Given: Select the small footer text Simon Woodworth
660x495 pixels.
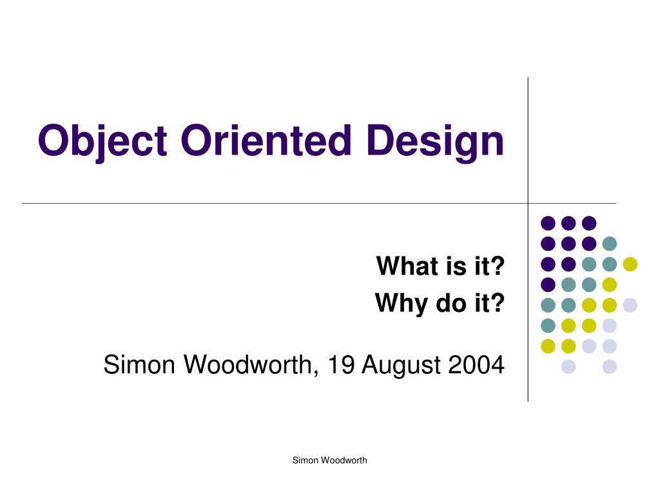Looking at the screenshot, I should click(329, 460).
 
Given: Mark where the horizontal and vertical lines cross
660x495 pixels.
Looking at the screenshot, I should click(528, 203).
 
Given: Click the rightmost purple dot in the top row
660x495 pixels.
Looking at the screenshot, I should click(588, 223).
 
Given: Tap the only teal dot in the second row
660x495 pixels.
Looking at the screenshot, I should click(609, 244).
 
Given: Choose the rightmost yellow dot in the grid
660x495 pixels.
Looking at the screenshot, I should click(630, 264).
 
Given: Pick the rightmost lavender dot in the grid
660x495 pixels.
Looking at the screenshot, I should click(630, 305).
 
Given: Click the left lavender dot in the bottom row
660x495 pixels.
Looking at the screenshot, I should click(568, 367).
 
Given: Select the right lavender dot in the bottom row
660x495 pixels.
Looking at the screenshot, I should click(609, 367).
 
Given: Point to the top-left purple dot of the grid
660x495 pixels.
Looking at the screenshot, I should click(548, 223).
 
